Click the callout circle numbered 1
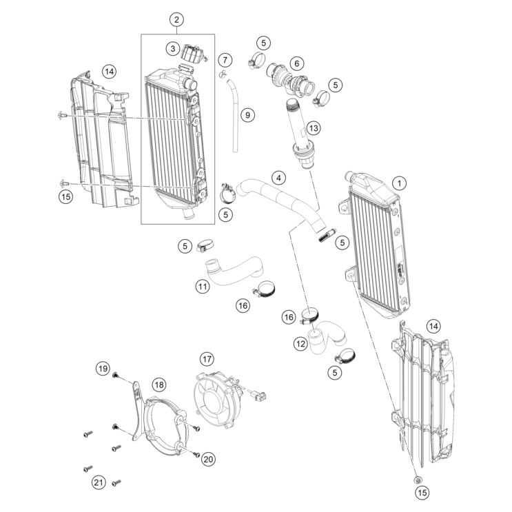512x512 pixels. [399, 183]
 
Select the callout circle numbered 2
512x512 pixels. [177, 19]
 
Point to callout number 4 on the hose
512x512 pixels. [278, 178]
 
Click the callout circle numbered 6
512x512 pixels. [297, 63]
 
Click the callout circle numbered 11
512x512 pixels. [202, 286]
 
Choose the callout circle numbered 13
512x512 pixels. [314, 127]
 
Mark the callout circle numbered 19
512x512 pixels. [103, 369]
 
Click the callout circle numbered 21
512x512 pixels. [99, 483]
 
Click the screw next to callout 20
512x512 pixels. [195, 454]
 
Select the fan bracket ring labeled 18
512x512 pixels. [165, 434]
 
